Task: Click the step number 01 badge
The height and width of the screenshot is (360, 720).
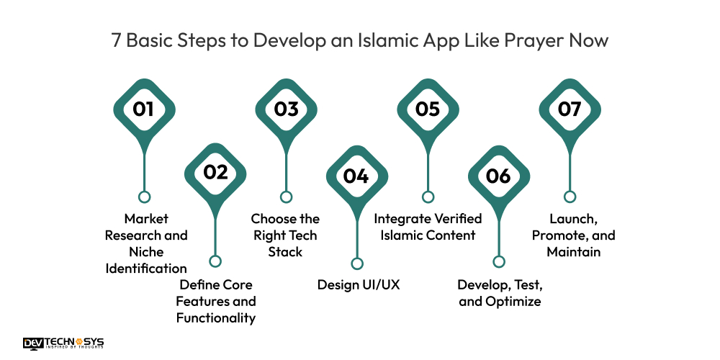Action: [144, 109]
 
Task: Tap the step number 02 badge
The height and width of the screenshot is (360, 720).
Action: [215, 172]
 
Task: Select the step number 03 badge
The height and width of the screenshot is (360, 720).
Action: [286, 109]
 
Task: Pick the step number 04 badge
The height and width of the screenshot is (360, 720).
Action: [356, 176]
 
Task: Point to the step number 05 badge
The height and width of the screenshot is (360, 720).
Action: [428, 109]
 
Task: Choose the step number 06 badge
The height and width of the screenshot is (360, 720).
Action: [498, 176]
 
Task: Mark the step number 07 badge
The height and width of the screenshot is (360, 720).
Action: [570, 109]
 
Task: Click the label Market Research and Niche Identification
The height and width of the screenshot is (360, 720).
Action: [146, 243]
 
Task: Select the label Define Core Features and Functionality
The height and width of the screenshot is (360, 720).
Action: [216, 301]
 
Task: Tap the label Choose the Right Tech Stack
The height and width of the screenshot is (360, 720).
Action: [285, 235]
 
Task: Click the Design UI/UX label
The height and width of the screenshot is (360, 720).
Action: [359, 284]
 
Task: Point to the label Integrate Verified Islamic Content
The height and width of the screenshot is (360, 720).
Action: [428, 227]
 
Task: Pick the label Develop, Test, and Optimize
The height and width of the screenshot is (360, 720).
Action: [499, 292]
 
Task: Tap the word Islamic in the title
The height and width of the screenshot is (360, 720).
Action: [392, 40]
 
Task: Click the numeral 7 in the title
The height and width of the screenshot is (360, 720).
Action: [116, 40]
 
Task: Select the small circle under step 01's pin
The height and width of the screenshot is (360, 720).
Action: [144, 197]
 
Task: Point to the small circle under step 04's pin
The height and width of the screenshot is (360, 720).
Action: [356, 264]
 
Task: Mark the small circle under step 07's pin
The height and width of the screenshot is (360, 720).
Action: [570, 197]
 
